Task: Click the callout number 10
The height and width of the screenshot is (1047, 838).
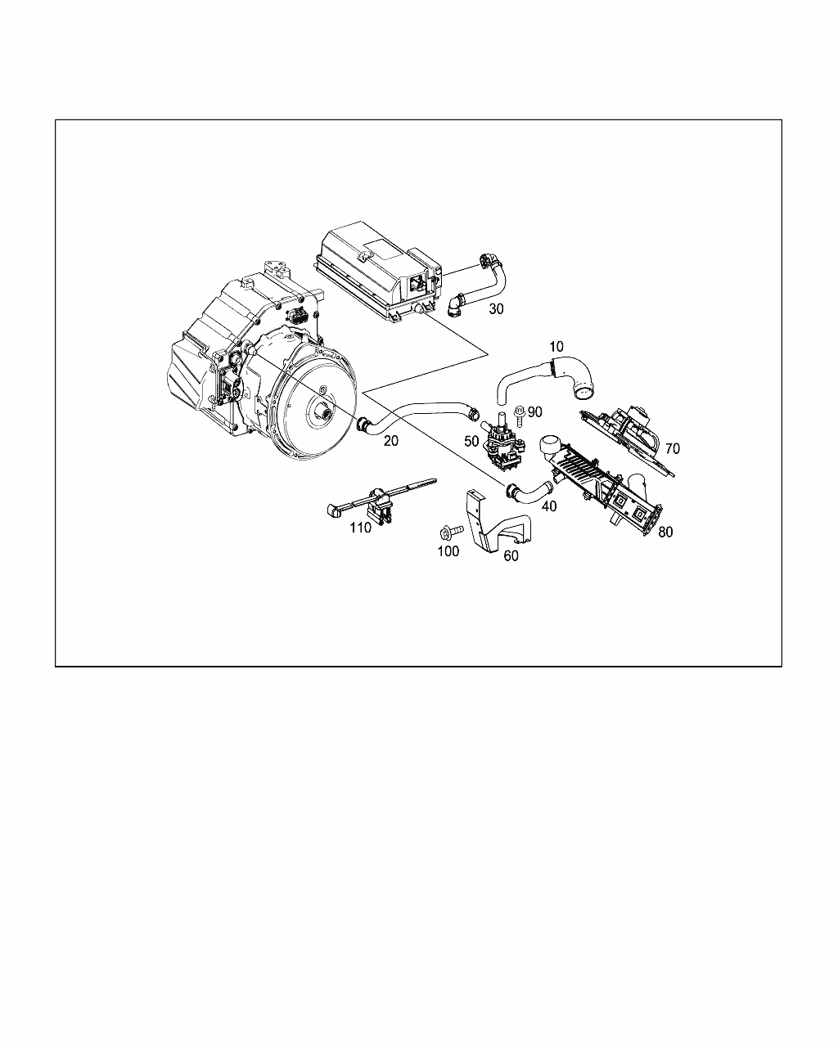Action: coord(556,347)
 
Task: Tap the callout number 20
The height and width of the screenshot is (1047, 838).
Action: coord(391,441)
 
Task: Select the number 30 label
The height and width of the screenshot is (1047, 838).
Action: coord(496,309)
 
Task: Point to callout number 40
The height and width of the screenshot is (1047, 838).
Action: coord(549,506)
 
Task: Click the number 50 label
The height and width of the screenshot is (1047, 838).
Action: coord(471,441)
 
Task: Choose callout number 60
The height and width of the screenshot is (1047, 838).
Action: coord(511,555)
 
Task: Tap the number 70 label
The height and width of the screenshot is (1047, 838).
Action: coord(673,448)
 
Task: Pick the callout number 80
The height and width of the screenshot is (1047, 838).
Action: coord(665,532)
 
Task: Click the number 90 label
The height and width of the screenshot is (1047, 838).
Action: coord(534,412)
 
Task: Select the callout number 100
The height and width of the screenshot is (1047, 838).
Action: coord(448,551)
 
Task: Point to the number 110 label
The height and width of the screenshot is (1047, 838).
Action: coord(360,528)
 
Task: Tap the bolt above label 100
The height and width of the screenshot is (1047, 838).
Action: coord(451,532)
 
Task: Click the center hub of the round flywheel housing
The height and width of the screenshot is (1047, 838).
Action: coord(322,415)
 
